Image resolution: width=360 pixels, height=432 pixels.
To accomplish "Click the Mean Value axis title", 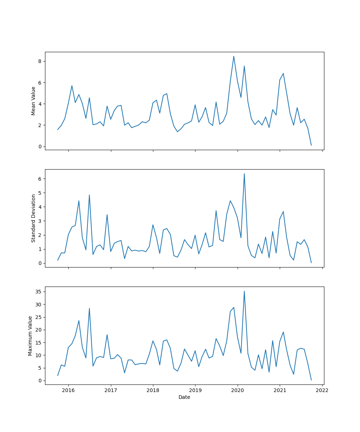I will point(33,101).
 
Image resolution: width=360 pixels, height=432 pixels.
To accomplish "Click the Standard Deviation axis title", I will point(33,218).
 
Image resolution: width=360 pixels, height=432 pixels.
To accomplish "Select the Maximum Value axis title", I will point(30,336).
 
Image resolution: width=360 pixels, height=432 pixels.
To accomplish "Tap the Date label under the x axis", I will point(184,397).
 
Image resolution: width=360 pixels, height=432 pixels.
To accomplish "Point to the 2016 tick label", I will point(68,390).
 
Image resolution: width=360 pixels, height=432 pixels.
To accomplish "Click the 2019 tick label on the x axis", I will point(195,390).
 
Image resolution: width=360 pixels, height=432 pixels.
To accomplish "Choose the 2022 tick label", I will point(322,390).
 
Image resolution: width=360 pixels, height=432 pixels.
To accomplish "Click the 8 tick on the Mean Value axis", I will point(40,62).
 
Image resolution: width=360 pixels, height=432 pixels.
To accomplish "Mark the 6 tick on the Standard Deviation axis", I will point(40,179).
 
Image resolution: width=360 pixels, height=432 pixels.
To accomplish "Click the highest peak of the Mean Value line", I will point(234,56).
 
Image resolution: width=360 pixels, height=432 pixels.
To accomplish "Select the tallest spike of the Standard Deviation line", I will point(244,174).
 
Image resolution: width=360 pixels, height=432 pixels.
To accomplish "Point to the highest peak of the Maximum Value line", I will point(244,291).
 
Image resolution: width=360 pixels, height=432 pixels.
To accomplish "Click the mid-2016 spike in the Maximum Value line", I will point(89,308).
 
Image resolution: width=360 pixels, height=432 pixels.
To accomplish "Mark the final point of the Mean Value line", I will point(311,145).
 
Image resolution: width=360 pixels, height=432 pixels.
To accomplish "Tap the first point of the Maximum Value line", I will point(58,375).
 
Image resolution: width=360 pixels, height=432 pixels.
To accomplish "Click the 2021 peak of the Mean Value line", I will point(283,73).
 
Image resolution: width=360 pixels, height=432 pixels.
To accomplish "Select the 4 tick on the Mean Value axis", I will point(40,104).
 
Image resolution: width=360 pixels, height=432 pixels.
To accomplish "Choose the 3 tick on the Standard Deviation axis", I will point(40,221).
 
